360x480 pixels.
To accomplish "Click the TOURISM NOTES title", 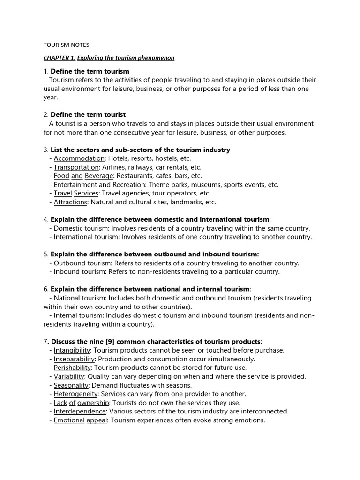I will [66, 45].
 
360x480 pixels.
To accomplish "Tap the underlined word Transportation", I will [76, 167].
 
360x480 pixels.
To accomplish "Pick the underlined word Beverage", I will [99, 176].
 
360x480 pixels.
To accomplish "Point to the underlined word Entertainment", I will [75, 185].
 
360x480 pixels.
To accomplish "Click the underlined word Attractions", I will [70, 202].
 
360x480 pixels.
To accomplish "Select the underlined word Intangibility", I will [72, 350].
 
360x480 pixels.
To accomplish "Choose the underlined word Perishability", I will [72, 368].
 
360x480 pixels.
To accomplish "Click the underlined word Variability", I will [69, 376].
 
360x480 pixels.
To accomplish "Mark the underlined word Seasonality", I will [71, 385].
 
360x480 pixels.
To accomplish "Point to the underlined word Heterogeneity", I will [75, 394].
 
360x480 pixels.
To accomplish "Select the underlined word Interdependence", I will [80, 412].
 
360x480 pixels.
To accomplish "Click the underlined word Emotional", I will [69, 420].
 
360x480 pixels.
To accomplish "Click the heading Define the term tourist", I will [88, 115].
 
